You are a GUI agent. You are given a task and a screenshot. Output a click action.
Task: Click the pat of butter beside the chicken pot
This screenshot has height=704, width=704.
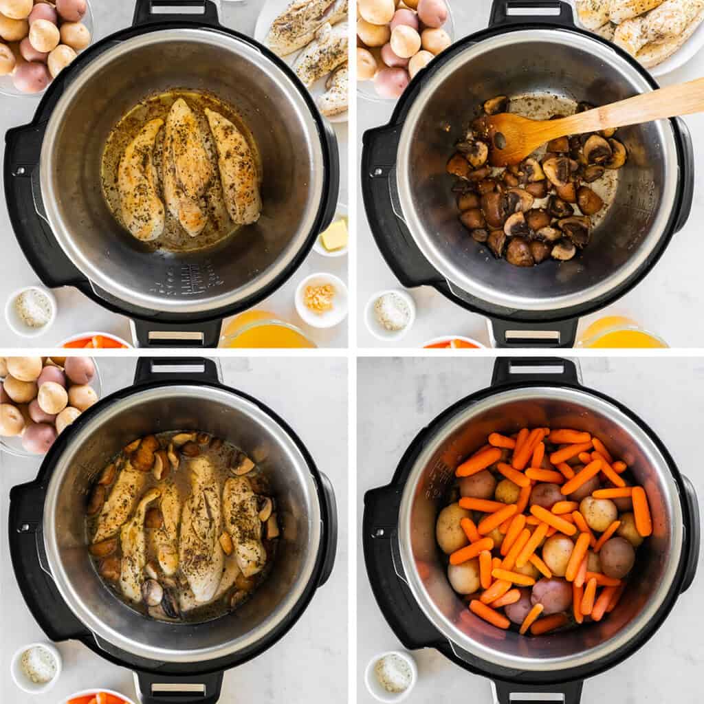[335, 235]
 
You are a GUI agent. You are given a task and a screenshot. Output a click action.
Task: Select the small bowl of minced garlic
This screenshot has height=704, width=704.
[320, 298]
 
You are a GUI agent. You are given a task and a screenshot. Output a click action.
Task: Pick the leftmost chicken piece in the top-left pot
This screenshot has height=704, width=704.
[142, 181]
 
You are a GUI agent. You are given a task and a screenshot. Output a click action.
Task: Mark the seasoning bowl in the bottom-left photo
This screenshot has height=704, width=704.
[36, 665]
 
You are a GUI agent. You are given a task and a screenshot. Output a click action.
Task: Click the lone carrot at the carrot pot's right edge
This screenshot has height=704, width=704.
[641, 511]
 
